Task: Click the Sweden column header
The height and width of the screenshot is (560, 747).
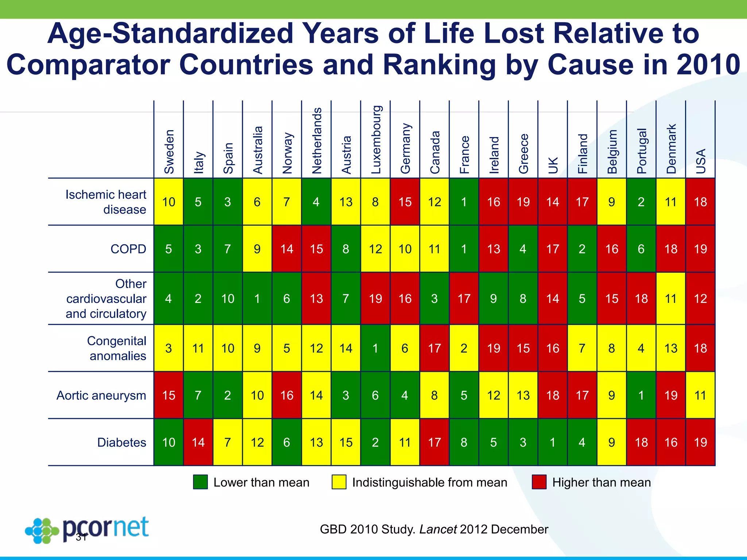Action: click(169, 151)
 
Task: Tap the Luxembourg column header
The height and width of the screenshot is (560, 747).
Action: click(376, 140)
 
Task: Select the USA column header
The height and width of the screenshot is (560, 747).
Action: click(701, 161)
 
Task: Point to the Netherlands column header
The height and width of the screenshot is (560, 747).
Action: click(317, 140)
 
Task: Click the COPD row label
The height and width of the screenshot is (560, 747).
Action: click(128, 249)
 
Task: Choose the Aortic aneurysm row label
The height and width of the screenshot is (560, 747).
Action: click(101, 395)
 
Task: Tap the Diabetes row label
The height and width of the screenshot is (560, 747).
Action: click(121, 442)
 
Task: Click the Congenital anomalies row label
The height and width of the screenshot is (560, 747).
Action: click(117, 348)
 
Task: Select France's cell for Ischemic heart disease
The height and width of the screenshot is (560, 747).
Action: click(464, 202)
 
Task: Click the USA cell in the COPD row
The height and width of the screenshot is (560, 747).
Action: click(700, 249)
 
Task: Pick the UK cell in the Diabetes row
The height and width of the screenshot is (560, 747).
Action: click(553, 442)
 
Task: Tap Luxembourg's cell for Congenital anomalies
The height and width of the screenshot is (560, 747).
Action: click(375, 348)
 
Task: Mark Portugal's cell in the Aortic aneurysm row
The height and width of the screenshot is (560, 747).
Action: click(641, 395)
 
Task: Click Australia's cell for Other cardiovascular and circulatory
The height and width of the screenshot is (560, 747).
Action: click(257, 299)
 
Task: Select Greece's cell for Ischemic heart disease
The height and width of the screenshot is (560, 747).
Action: click(523, 202)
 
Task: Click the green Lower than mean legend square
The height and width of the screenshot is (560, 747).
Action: click(200, 482)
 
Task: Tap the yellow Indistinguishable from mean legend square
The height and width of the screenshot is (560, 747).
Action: click(339, 482)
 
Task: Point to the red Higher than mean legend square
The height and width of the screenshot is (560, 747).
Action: click(539, 482)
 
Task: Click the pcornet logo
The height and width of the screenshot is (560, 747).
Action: click(88, 529)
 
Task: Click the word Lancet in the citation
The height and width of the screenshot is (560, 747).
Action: click(438, 529)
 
